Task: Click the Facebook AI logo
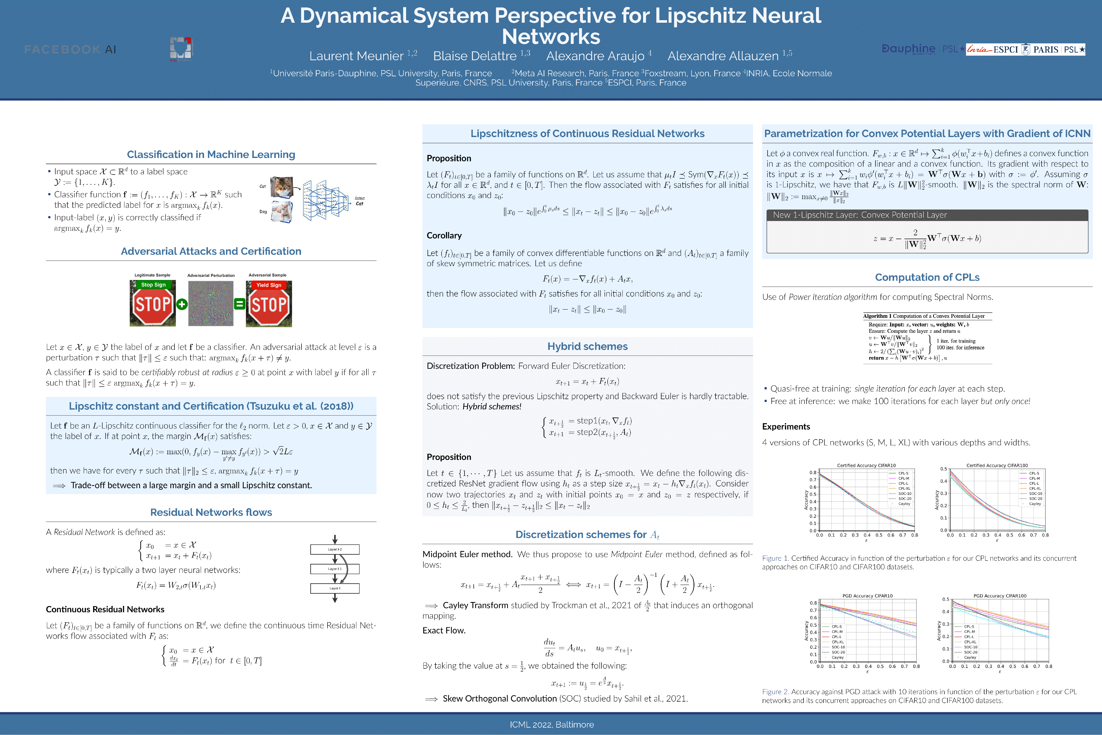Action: point(70,49)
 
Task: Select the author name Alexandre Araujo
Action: point(595,56)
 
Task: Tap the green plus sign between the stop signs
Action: point(182,304)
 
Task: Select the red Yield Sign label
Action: point(269,285)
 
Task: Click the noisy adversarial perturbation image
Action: point(211,303)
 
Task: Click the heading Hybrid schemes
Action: point(587,346)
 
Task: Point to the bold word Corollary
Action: point(444,235)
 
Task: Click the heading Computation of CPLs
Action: point(927,277)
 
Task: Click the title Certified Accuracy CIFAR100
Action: point(997,465)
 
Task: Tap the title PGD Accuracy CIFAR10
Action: point(867,596)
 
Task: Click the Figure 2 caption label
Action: point(775,692)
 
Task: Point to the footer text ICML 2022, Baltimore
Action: point(552,725)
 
